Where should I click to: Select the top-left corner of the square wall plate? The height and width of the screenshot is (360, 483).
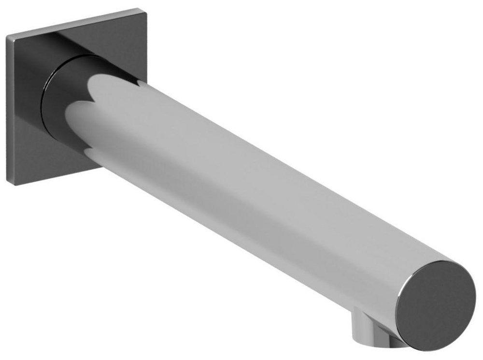pos(8,37)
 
